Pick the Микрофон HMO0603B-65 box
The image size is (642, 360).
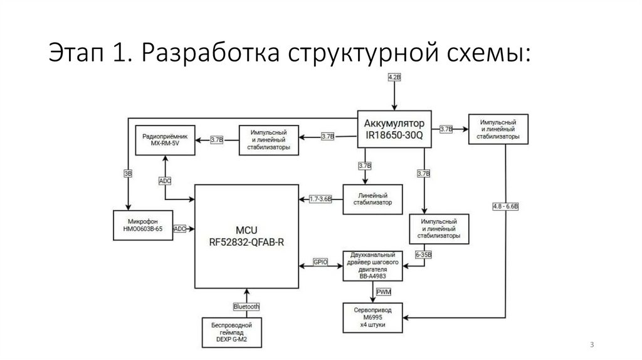pyautogui.click(x=142, y=225)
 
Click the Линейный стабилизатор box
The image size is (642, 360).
pyautogui.click(x=374, y=199)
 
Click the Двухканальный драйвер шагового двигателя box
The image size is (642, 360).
pyautogui.click(x=374, y=266)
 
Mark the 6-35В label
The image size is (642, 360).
pyautogui.click(x=424, y=255)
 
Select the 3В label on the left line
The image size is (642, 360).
pyautogui.click(x=128, y=174)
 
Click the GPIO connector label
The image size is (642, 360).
pyautogui.click(x=320, y=263)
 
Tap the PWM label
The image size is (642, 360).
pyautogui.click(x=383, y=292)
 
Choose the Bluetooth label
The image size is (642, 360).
pyautogui.click(x=246, y=307)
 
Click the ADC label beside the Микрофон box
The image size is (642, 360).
pyautogui.click(x=181, y=229)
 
